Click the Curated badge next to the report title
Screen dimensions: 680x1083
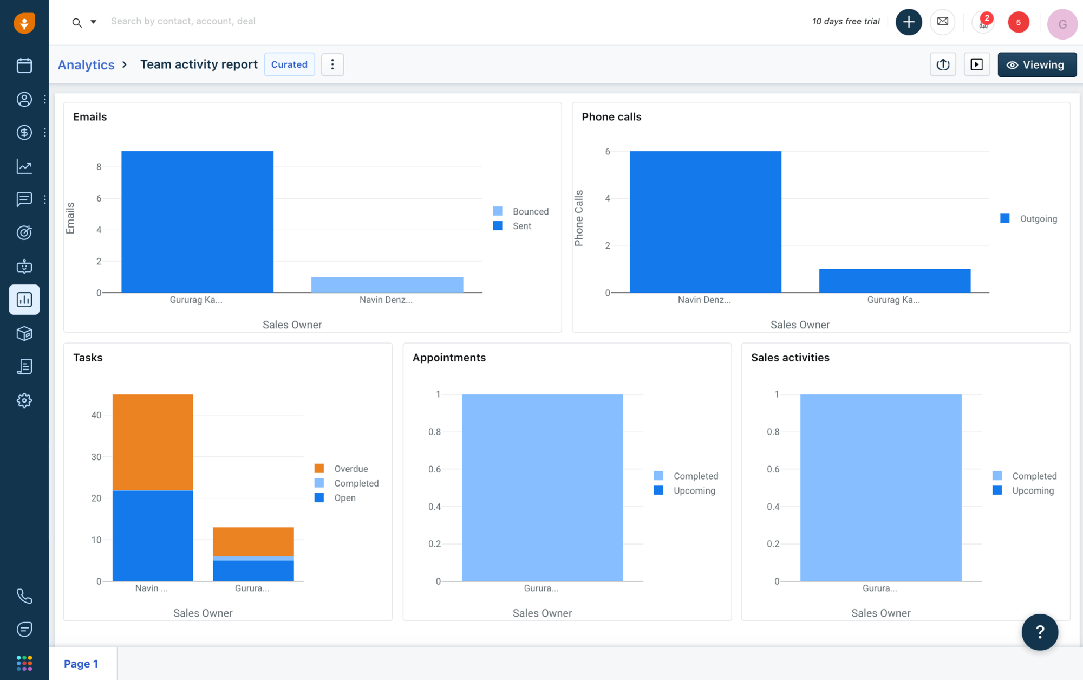click(x=289, y=64)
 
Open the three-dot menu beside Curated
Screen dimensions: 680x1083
click(x=332, y=64)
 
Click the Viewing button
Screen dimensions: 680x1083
click(x=1036, y=65)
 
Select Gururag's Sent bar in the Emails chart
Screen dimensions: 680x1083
click(x=197, y=222)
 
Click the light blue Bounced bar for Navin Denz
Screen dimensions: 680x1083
click(x=387, y=284)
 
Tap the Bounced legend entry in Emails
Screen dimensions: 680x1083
click(x=530, y=211)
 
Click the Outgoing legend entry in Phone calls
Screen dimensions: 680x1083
click(x=1037, y=219)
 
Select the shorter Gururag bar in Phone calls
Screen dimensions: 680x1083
click(x=895, y=281)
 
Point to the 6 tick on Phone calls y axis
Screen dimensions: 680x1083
click(x=608, y=152)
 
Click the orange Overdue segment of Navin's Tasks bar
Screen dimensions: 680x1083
click(x=153, y=442)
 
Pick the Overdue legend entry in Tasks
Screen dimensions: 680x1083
click(x=350, y=469)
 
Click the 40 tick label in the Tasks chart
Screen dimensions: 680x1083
click(x=96, y=415)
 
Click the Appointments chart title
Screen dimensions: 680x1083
click(x=449, y=358)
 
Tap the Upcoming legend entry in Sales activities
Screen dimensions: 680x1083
click(x=1032, y=491)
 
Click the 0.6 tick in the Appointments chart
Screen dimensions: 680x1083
click(x=434, y=469)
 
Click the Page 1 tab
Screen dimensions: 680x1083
click(x=81, y=664)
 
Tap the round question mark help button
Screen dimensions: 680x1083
click(x=1039, y=632)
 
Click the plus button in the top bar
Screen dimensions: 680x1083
click(x=908, y=22)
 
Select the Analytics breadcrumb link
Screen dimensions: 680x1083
click(x=86, y=65)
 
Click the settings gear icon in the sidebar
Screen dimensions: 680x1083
click(x=24, y=400)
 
